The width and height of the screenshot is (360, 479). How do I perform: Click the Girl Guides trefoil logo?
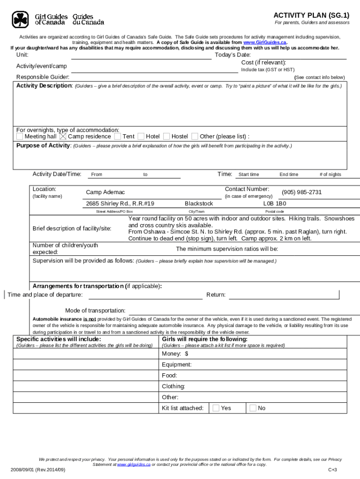click(21, 19)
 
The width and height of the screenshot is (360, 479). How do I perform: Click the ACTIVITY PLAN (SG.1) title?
click(311, 15)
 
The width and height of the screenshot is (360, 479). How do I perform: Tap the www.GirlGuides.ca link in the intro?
click(265, 42)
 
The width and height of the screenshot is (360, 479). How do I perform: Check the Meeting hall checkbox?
click(20, 137)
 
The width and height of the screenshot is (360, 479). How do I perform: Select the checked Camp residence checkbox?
click(63, 137)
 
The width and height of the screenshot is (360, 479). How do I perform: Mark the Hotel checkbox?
click(141, 137)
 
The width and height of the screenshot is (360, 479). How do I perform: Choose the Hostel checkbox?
click(166, 137)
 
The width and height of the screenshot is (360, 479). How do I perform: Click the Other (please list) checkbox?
click(195, 137)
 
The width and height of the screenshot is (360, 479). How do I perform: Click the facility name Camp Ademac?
click(105, 193)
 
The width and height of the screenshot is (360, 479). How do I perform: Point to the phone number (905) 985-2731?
click(302, 192)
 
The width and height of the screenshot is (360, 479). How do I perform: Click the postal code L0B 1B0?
click(274, 204)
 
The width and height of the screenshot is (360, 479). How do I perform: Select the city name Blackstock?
click(199, 204)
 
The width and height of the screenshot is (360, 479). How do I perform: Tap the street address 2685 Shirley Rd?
click(120, 204)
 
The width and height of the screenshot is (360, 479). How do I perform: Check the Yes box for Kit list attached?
click(216, 408)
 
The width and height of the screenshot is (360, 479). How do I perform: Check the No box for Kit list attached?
click(252, 408)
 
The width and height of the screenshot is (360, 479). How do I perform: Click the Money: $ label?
click(172, 354)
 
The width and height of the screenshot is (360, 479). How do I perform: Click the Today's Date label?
click(233, 55)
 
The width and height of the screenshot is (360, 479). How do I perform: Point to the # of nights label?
click(330, 174)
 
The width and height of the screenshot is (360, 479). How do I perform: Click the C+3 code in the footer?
click(332, 470)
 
